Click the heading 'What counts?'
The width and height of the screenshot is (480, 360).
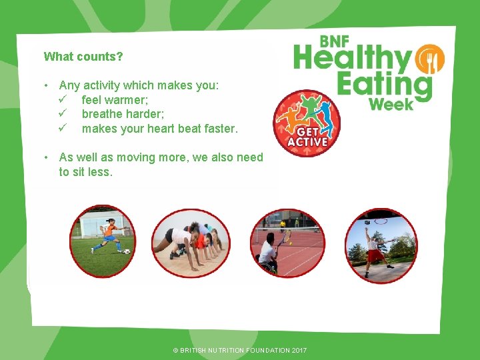(x=83, y=57)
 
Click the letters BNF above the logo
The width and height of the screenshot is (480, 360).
(x=334, y=41)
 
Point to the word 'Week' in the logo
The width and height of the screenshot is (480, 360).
(x=391, y=105)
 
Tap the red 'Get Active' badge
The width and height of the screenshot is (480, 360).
(x=307, y=124)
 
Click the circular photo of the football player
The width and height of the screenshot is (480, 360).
(x=103, y=241)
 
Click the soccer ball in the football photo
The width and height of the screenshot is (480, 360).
(x=127, y=251)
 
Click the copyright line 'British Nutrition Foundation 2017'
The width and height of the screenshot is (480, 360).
(x=239, y=350)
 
